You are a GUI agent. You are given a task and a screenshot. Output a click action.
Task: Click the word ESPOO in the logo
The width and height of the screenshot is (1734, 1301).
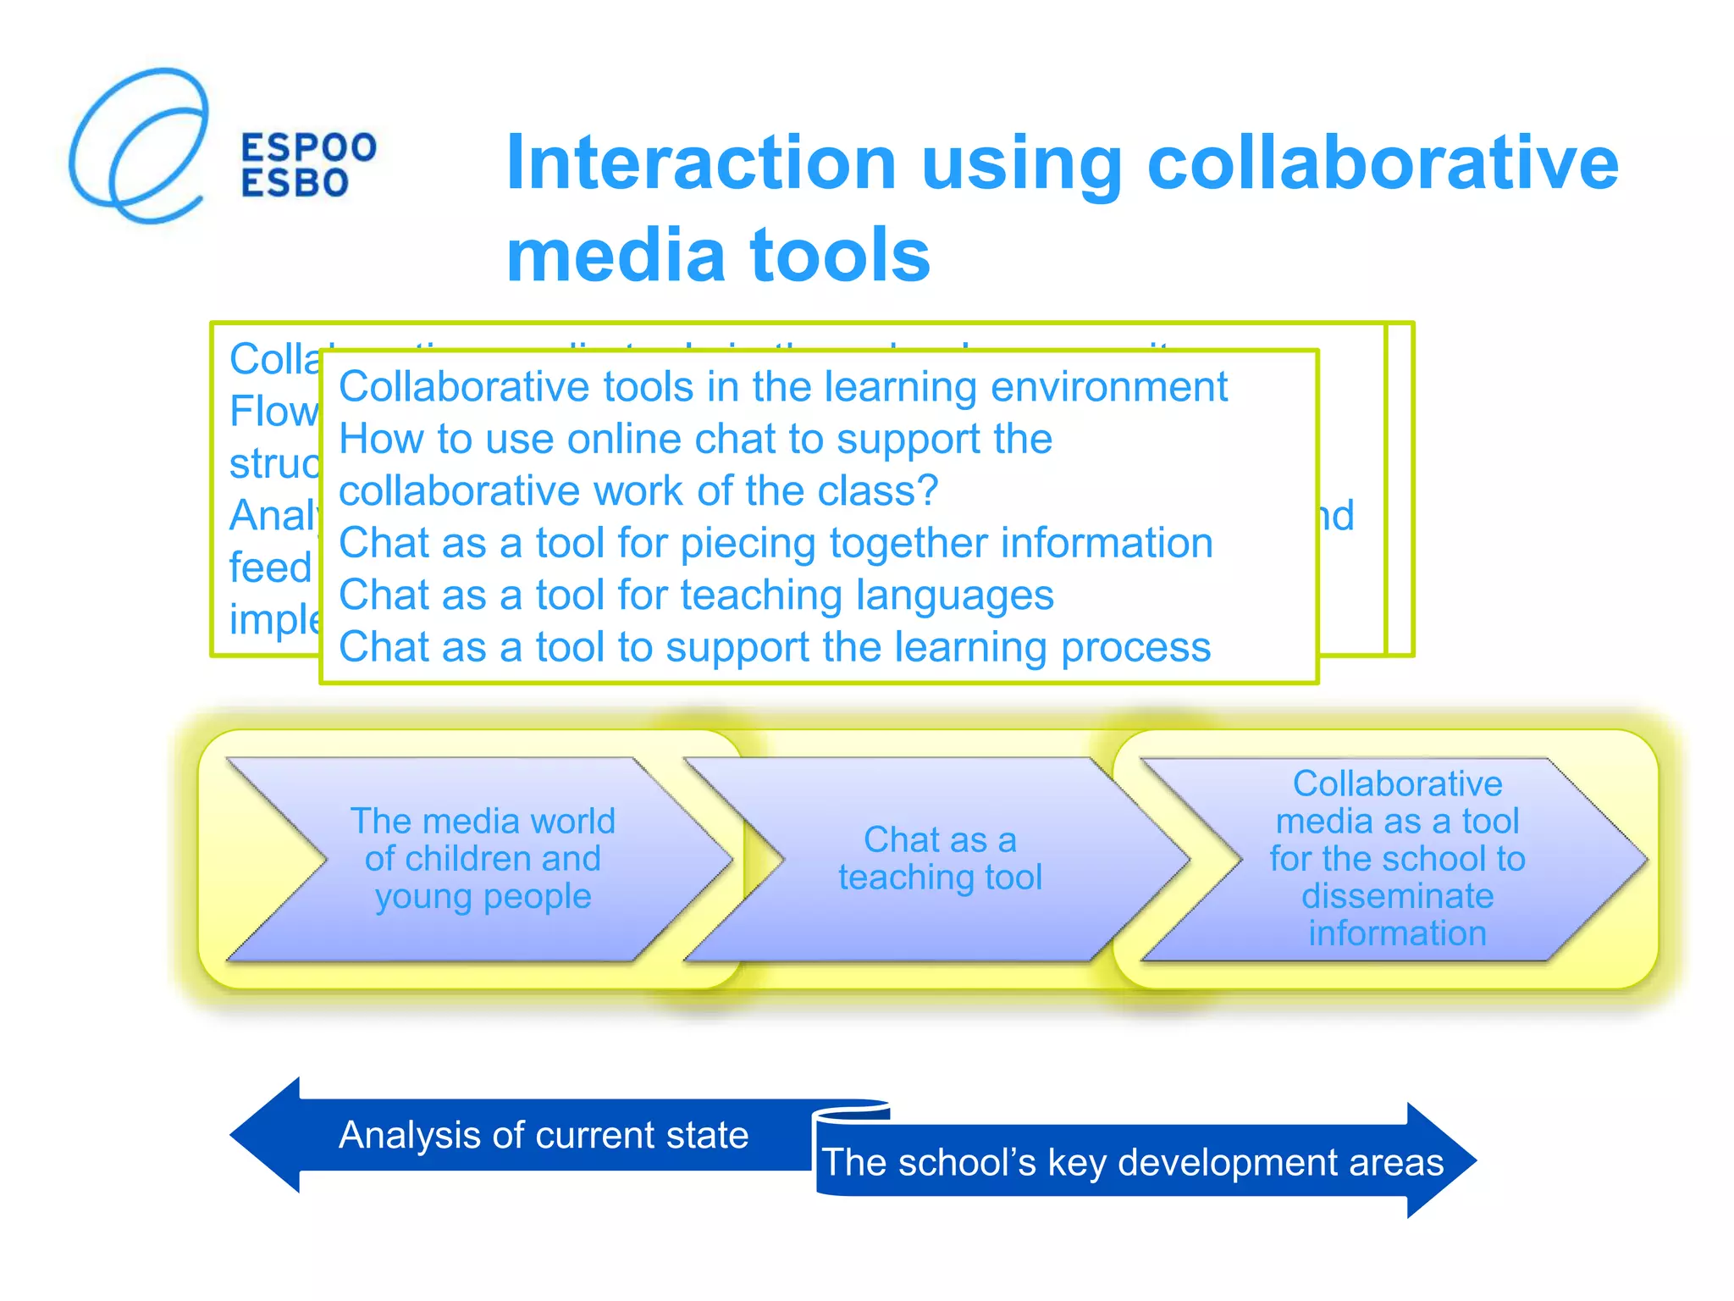click(309, 147)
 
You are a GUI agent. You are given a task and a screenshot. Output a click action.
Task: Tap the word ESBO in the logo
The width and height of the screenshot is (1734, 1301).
click(295, 183)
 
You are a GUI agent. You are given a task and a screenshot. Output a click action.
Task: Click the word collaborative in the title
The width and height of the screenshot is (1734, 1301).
click(1382, 163)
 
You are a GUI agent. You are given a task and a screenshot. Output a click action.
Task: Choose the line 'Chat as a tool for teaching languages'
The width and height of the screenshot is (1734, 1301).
click(696, 595)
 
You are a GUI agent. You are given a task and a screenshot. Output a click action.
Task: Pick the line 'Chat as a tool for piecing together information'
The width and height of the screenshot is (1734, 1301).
click(776, 543)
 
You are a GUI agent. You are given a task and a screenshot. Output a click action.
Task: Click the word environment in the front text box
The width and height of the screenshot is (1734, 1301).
click(1109, 387)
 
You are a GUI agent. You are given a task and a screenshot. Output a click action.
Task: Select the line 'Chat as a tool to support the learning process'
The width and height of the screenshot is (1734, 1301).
click(775, 647)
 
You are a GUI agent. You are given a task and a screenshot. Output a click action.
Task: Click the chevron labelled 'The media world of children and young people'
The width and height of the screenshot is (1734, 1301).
click(483, 859)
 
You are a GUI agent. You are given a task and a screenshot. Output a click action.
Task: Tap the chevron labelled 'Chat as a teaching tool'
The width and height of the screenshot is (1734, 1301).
click(940, 859)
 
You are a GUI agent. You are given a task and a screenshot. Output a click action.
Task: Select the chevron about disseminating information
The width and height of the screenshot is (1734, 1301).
click(1397, 859)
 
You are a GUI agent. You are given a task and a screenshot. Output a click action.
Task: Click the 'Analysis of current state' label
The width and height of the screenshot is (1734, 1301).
click(544, 1135)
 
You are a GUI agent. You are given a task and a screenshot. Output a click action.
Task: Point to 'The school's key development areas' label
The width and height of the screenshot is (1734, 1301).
click(1133, 1162)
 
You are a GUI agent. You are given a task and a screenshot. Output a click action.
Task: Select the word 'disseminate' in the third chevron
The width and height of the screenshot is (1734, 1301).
click(1397, 896)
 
